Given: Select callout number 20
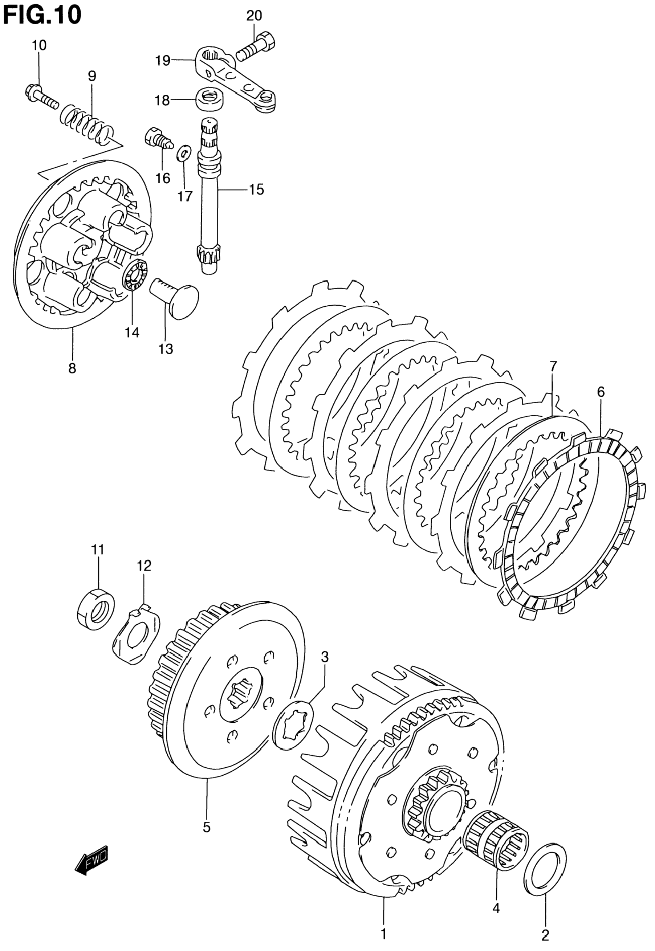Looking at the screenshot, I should [254, 16].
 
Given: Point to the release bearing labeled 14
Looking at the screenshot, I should [136, 274].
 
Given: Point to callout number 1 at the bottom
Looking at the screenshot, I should [384, 932].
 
